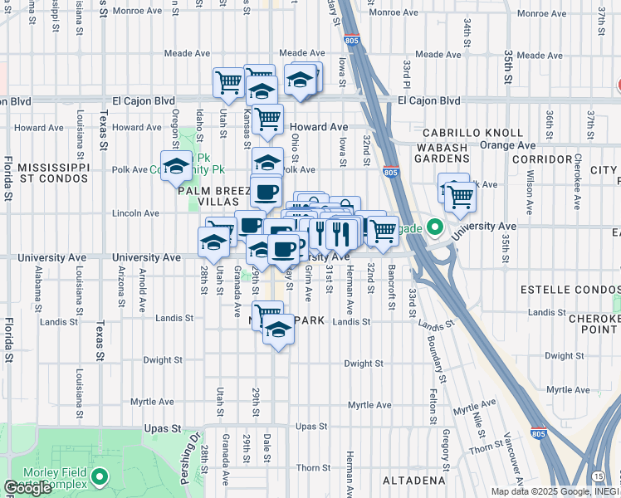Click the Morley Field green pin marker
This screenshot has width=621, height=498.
(100, 477)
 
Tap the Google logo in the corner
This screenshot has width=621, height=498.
(27, 488)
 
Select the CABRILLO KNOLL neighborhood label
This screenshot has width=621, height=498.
(472, 133)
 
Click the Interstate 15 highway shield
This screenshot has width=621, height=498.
(599, 475)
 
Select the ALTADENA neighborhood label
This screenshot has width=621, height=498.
(413, 481)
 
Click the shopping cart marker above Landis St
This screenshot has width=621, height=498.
(266, 315)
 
